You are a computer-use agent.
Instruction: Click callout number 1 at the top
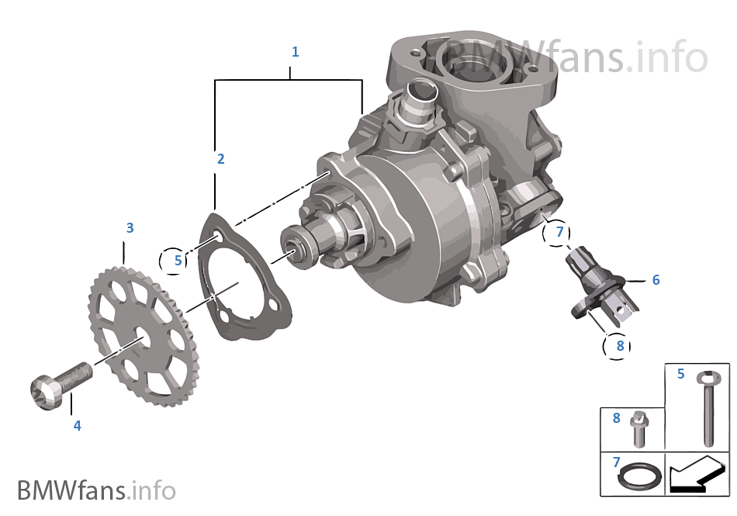(x=295, y=52)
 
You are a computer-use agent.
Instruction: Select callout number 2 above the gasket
(x=220, y=159)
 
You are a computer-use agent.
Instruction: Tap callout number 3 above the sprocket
(x=130, y=228)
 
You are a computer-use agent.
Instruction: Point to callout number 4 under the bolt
(x=77, y=425)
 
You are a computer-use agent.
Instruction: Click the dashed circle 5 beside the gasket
(x=177, y=261)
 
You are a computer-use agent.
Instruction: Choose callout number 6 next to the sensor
(x=656, y=280)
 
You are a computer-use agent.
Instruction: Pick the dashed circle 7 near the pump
(x=559, y=231)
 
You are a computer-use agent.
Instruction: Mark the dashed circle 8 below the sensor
(x=619, y=346)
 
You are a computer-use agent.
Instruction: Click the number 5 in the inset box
(x=680, y=375)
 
